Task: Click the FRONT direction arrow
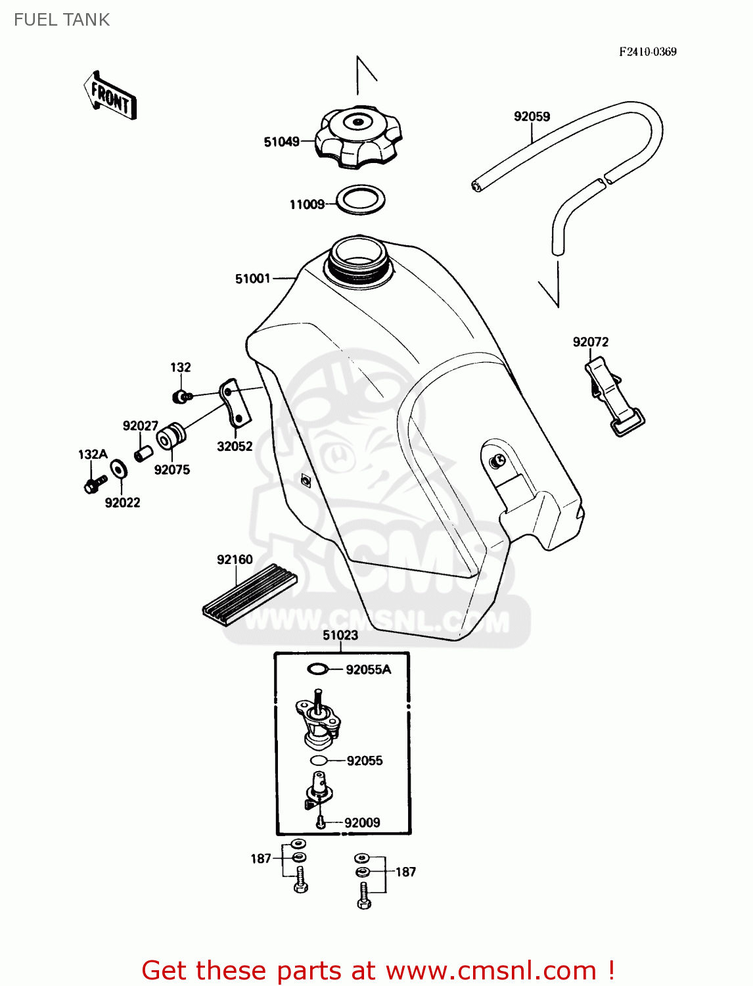point(110,97)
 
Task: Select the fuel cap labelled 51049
point(358,139)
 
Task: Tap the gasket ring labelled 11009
point(361,199)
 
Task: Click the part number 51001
point(252,279)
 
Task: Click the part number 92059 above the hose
point(532,116)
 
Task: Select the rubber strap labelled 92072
point(614,396)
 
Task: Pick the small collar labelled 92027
point(144,454)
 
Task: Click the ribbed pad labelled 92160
point(250,595)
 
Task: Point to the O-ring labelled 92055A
point(318,669)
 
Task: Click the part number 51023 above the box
point(340,635)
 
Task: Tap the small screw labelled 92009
point(321,822)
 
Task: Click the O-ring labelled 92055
point(319,761)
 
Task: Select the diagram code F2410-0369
point(647,52)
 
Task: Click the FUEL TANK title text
point(62,20)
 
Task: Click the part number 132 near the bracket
point(181,367)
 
